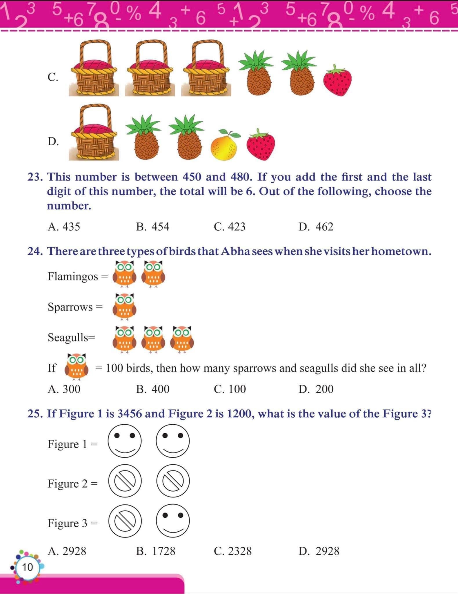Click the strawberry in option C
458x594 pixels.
pyautogui.click(x=337, y=81)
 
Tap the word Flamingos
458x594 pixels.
pyautogui.click(x=73, y=276)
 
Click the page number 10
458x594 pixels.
pyautogui.click(x=28, y=567)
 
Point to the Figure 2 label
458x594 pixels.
pyautogui.click(x=68, y=483)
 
